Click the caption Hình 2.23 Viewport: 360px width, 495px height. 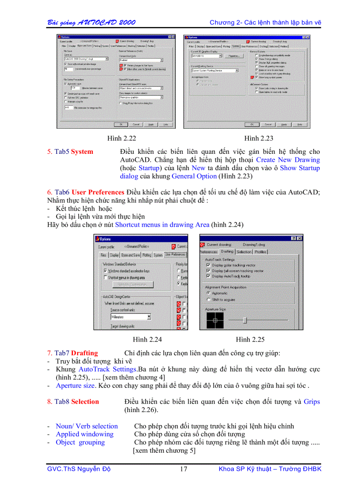[x=259, y=138]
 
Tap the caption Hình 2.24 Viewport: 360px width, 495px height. [x=147, y=339]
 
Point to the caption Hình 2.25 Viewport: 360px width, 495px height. [x=250, y=339]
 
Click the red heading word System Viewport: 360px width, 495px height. [x=82, y=152]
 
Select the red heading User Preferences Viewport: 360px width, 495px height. [x=98, y=192]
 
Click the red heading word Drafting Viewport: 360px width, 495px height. [x=85, y=353]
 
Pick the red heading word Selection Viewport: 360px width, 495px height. [x=85, y=402]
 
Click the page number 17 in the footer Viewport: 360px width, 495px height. [x=184, y=469]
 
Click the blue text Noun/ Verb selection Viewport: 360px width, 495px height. [x=87, y=426]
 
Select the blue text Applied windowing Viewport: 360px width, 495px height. [x=85, y=434]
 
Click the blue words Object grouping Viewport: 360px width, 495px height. [x=80, y=443]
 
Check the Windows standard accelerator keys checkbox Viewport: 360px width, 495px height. [x=105, y=271]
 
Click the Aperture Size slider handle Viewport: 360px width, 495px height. [x=245, y=320]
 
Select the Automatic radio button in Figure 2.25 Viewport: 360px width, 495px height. [x=208, y=293]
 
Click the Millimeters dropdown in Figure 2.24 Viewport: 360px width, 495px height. [x=131, y=316]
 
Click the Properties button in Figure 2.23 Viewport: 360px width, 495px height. [x=234, y=56]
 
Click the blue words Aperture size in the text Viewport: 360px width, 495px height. [x=75, y=386]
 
